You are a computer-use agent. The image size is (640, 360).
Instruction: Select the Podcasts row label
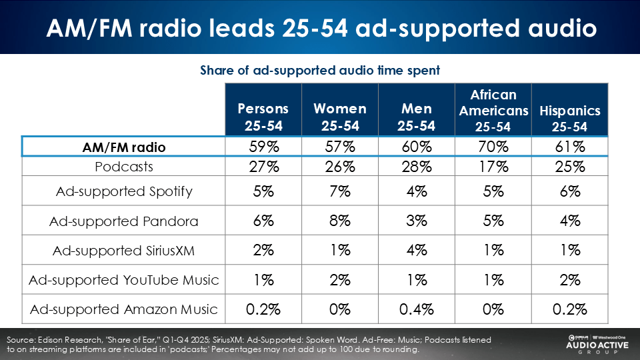click(124, 166)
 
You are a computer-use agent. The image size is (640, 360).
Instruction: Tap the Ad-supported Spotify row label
click(124, 191)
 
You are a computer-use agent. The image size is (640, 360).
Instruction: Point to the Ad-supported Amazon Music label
click(124, 309)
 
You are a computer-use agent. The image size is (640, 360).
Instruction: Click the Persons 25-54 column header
click(263, 117)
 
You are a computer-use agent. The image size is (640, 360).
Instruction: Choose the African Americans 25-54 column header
click(493, 109)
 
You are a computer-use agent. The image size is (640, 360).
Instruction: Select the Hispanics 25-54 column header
click(570, 117)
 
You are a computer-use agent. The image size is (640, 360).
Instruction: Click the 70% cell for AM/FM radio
click(493, 147)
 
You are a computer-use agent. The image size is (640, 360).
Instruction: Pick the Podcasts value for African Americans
click(493, 166)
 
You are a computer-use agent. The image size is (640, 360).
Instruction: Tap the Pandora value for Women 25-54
click(340, 221)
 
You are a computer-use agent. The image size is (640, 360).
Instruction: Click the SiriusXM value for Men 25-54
click(417, 251)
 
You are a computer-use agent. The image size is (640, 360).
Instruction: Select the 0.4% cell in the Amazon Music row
click(417, 309)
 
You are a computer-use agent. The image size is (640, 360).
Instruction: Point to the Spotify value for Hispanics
click(570, 191)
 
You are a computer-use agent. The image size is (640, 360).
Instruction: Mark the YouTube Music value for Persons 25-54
click(263, 280)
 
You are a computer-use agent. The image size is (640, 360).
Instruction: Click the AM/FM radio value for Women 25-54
click(340, 147)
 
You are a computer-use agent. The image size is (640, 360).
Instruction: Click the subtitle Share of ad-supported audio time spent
click(320, 70)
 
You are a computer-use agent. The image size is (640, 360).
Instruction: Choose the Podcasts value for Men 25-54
click(417, 166)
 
